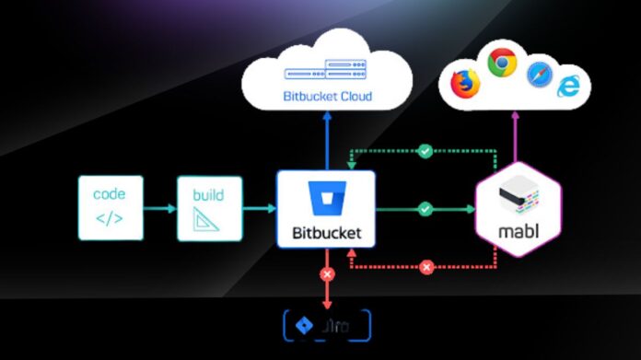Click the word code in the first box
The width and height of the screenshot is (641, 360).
pos(110,194)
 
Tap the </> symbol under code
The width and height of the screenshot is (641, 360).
pos(110,219)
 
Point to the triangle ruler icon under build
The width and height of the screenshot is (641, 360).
pos(208,220)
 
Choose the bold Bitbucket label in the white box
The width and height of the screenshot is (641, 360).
pos(326,233)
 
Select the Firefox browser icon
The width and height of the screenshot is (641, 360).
pos(466,84)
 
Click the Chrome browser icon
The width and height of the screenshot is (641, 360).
pos(502,64)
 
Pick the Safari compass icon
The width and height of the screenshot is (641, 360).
pos(540,75)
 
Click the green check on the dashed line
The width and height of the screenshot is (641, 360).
pos(425,149)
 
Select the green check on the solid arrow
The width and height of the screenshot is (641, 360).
pos(424,209)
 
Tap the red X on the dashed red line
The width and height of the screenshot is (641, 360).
pos(425,267)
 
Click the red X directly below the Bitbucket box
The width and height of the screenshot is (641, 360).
pos(325,274)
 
